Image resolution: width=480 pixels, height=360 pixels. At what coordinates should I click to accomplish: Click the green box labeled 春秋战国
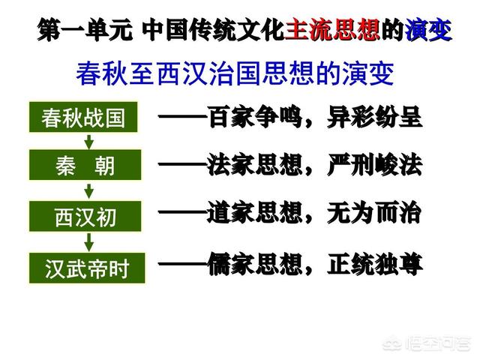(x=83, y=117)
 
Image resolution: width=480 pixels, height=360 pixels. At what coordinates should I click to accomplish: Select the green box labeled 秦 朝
(x=85, y=165)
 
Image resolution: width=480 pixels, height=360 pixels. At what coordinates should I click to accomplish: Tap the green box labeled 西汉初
(x=85, y=216)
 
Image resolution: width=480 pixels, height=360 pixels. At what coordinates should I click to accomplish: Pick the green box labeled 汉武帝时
(x=87, y=268)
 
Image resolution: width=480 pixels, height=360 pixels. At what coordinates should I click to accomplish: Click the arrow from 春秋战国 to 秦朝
(x=89, y=141)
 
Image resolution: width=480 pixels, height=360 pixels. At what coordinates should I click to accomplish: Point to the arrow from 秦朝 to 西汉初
(x=89, y=191)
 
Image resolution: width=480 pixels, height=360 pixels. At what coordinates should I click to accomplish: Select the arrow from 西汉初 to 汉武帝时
(x=89, y=241)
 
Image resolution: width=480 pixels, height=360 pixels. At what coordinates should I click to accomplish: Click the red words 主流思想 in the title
(x=332, y=29)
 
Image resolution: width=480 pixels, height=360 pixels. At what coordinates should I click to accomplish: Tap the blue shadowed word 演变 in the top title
(x=428, y=30)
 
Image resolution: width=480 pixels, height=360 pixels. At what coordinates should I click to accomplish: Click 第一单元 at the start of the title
(x=85, y=30)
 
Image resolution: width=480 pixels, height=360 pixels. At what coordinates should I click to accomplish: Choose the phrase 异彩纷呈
(x=375, y=117)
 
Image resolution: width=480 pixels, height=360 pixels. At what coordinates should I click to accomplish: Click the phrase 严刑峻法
(x=375, y=165)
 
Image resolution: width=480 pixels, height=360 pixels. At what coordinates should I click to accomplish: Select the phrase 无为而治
(x=374, y=213)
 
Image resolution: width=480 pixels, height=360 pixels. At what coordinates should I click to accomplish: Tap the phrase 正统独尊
(x=375, y=263)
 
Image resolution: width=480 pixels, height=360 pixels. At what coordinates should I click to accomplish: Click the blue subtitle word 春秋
(x=102, y=73)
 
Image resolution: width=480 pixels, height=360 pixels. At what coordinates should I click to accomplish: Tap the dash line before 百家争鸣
(x=183, y=116)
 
